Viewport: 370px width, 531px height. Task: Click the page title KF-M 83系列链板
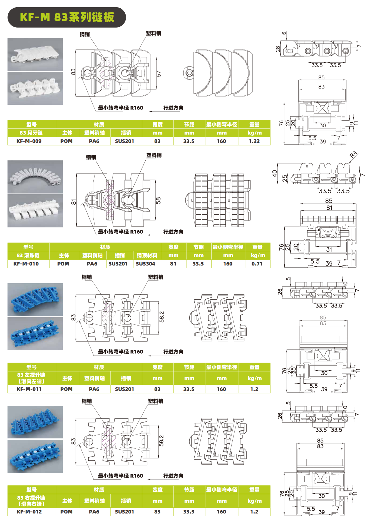click(x=67, y=17)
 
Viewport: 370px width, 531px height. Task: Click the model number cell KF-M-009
click(x=29, y=141)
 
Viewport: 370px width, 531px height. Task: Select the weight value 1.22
click(x=254, y=141)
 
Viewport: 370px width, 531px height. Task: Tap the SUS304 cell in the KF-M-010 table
click(x=145, y=264)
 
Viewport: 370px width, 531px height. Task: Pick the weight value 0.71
click(x=257, y=264)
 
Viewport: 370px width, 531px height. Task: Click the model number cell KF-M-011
click(x=29, y=389)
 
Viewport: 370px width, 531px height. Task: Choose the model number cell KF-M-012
click(x=29, y=512)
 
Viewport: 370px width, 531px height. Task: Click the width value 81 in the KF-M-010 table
click(x=173, y=264)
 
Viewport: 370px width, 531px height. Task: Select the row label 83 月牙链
click(x=31, y=133)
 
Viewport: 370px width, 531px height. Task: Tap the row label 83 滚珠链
click(x=28, y=255)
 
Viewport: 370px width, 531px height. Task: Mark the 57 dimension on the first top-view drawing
click(x=158, y=74)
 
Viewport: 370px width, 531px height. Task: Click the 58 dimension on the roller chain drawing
click(x=158, y=200)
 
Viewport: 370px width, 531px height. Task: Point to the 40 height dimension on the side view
click(x=275, y=173)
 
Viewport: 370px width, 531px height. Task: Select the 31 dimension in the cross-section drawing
click(x=329, y=249)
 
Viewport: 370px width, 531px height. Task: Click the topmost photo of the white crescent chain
click(x=35, y=54)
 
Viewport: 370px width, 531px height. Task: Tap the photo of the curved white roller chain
click(x=35, y=177)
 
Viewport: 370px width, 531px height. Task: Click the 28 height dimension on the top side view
click(x=278, y=49)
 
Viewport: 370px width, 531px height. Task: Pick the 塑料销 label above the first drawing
click(x=154, y=33)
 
